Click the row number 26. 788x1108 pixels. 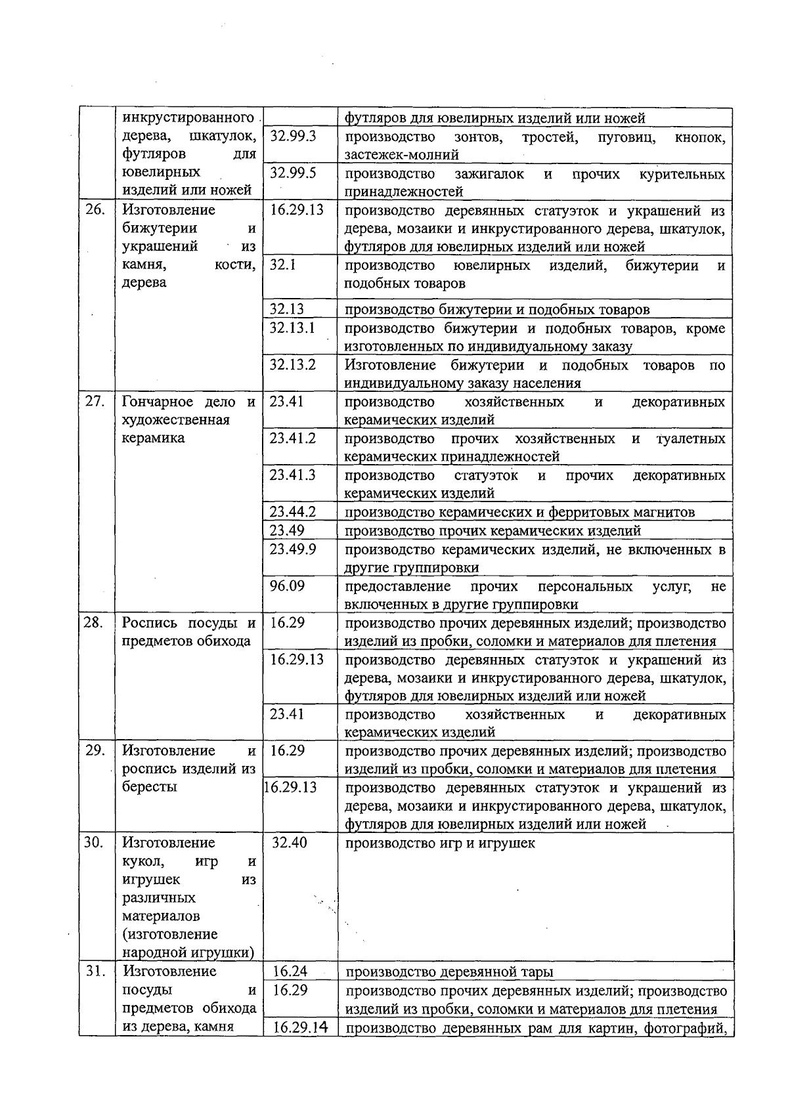point(95,210)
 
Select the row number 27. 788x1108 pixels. point(95,402)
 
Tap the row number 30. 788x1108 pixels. point(95,843)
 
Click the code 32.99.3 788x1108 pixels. point(293,137)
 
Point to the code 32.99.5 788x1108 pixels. point(293,173)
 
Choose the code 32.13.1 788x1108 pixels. point(293,328)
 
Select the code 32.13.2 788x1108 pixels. point(293,365)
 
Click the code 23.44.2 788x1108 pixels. point(293,512)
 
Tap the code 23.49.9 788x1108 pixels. point(293,549)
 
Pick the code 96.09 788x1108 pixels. point(287,586)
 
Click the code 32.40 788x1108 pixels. point(290,843)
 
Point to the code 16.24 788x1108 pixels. point(290,971)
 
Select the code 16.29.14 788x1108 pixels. point(301,1028)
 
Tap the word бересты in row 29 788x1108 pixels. point(150,787)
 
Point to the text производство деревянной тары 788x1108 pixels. point(449,972)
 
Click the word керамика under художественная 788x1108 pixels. point(154,438)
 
